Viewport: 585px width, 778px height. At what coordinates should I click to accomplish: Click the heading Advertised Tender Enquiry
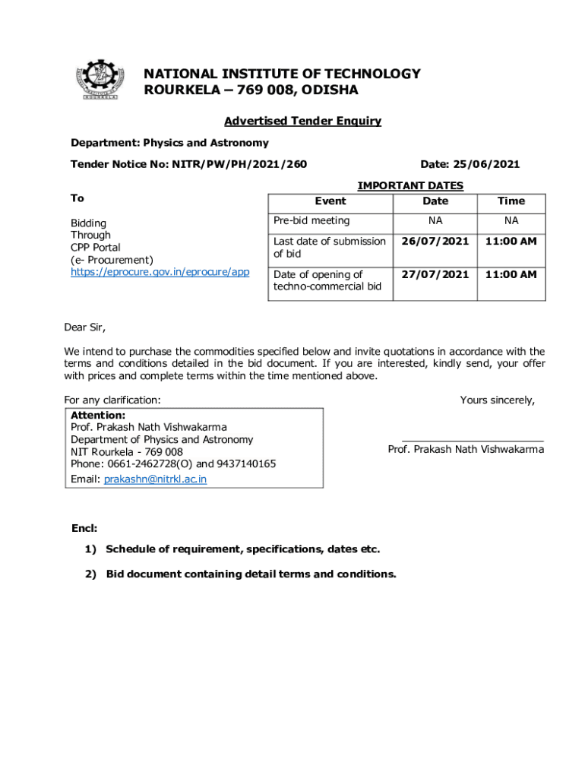coord(302,121)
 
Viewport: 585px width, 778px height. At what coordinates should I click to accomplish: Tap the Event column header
coord(330,201)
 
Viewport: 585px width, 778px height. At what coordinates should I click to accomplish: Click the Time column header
coord(511,201)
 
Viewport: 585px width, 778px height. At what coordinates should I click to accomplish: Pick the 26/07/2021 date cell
coord(435,242)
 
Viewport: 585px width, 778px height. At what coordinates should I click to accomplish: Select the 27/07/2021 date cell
coord(435,274)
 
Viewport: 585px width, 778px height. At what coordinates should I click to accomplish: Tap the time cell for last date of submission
coord(511,242)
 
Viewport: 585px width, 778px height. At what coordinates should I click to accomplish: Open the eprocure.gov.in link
coord(160,271)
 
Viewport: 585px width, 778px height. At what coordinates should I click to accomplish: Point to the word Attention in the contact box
coord(97,416)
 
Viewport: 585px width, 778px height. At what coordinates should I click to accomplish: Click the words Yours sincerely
coord(497,400)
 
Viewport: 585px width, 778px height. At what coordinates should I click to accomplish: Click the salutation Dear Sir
coord(84,328)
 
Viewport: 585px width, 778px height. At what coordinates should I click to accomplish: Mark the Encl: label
coord(84,528)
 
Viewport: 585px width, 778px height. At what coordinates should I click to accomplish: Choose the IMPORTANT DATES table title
coord(410,185)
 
